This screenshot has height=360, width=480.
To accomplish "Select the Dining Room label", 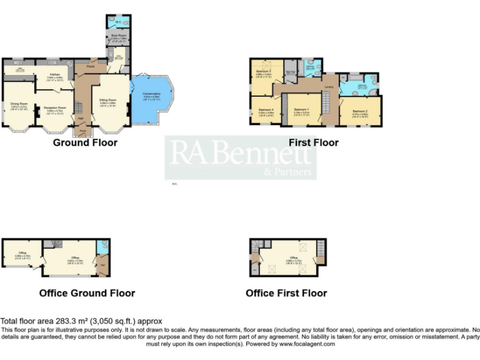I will tap(19, 104).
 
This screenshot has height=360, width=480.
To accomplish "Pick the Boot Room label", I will tap(118, 36).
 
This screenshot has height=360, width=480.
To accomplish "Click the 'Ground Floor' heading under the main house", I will tap(85, 142).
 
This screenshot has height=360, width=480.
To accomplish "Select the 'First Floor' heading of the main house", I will tap(313, 142).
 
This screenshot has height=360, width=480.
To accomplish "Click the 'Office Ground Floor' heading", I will tap(87, 292).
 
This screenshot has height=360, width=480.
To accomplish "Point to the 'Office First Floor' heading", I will tap(286, 292).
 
